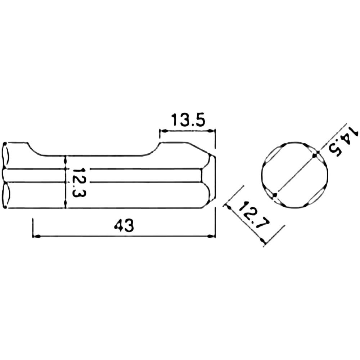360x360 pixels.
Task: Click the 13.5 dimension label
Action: click(x=188, y=120)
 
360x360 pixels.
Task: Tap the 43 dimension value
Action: click(x=124, y=225)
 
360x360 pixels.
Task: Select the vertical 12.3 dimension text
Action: click(x=79, y=182)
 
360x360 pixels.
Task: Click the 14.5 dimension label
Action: click(x=343, y=142)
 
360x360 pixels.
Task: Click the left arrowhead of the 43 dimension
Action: click(x=37, y=236)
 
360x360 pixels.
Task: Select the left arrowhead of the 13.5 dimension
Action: click(x=163, y=131)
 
